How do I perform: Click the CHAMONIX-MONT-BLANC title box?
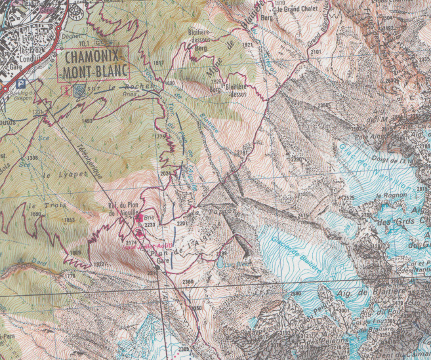click(x=94, y=64)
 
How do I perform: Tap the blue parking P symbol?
click(x=22, y=84)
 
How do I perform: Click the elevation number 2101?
click(x=316, y=51)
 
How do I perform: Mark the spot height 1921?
click(x=247, y=45)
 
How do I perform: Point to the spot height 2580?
click(x=296, y=294)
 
